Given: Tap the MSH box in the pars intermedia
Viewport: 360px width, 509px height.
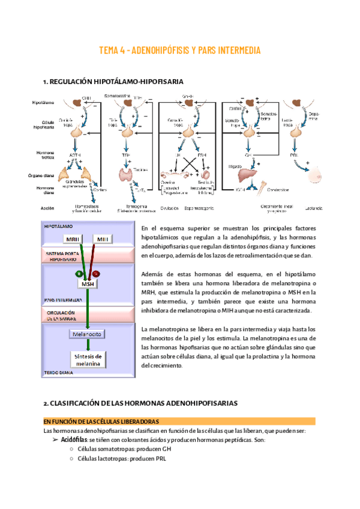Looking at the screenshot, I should tap(88, 284).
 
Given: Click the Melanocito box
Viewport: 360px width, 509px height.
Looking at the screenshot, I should tap(88, 334).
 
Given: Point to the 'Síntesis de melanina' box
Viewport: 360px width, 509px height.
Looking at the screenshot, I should tap(88, 359).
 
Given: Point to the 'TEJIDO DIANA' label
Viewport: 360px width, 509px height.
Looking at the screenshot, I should tap(61, 373).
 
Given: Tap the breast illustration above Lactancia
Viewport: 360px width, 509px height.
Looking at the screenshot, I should tap(312, 175).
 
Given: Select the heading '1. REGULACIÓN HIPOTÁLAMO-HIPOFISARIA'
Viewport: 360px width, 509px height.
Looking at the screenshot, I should tap(113, 81).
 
